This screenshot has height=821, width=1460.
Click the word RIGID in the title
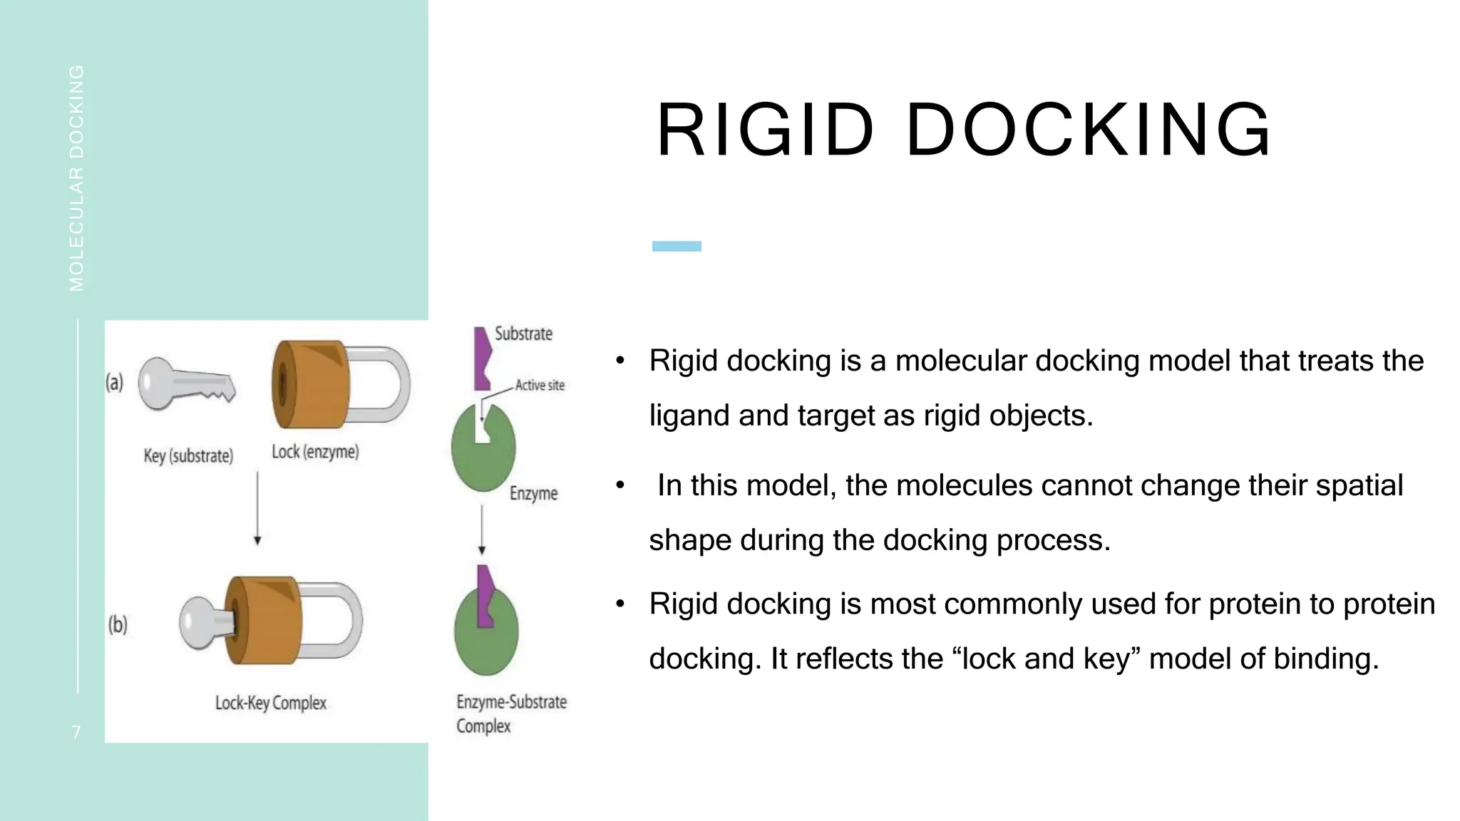point(765,130)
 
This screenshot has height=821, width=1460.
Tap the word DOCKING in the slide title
point(1089,130)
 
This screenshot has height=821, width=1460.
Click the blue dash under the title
point(677,247)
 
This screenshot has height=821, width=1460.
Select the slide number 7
point(76,732)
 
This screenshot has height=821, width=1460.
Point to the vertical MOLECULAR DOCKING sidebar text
point(76,178)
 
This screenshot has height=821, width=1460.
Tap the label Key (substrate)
point(188,456)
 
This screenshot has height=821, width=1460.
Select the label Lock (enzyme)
point(315,452)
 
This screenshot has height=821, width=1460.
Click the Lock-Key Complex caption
point(271,703)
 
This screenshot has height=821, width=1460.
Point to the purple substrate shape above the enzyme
point(482,358)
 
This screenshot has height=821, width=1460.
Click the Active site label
point(540,386)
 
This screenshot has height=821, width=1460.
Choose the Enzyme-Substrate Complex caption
point(510,713)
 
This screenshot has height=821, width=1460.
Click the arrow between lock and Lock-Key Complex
point(257,507)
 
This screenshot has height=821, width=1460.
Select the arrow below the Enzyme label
point(482,529)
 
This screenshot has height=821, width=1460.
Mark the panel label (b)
point(118,625)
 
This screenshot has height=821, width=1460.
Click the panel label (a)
point(114,383)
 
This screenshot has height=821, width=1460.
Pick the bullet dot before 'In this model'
point(620,486)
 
